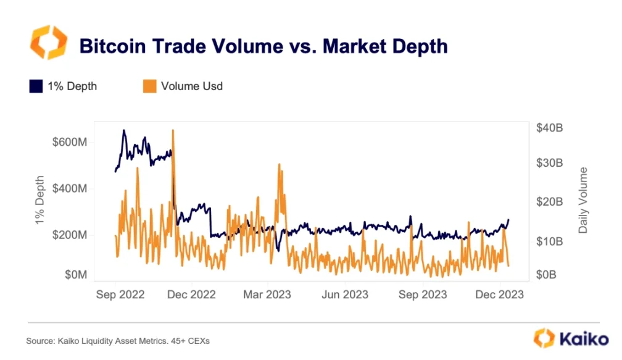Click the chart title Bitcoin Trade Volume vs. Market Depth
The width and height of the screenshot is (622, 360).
pyautogui.click(x=263, y=46)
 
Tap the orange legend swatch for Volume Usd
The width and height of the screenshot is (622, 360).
pyautogui.click(x=149, y=86)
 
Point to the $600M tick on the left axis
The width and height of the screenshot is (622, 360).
pyautogui.click(x=70, y=142)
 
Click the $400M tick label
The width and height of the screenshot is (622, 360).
pyautogui.click(x=70, y=188)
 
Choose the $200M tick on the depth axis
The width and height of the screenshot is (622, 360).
pyautogui.click(x=70, y=235)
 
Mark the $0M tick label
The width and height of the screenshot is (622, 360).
pyautogui.click(x=75, y=275)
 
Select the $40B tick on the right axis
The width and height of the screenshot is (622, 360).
pyautogui.click(x=549, y=128)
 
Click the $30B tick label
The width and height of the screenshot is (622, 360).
pyautogui.click(x=549, y=164)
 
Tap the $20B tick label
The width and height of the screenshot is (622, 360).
pyautogui.click(x=549, y=202)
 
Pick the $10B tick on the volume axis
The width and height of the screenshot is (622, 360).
pyautogui.click(x=549, y=241)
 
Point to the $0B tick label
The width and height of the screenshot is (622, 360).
pyautogui.click(x=547, y=275)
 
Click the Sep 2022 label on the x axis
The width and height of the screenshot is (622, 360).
pyautogui.click(x=120, y=295)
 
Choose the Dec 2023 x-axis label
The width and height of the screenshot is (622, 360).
pyautogui.click(x=499, y=295)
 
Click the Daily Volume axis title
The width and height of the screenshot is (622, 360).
pyautogui.click(x=583, y=200)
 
